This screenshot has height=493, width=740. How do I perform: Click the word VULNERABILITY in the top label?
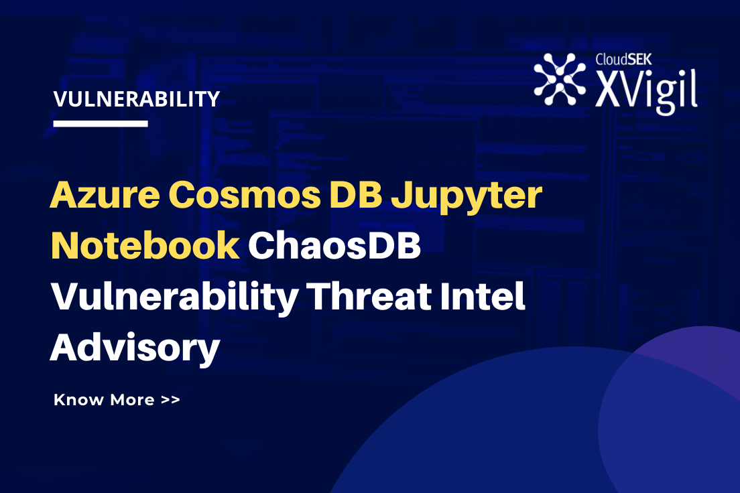point(137,99)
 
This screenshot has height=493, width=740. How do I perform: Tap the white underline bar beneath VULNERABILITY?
point(101,124)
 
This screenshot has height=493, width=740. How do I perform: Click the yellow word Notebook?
point(145,246)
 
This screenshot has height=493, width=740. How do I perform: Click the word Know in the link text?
point(78,400)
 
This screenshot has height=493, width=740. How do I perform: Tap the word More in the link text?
point(132,400)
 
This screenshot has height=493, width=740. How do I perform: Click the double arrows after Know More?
point(170,400)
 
